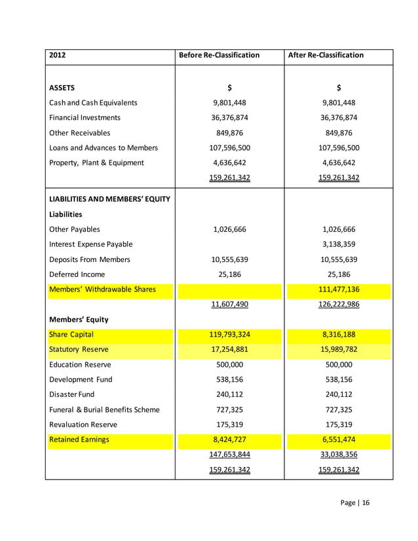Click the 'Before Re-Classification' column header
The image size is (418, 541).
pos(219,55)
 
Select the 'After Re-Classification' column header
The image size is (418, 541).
pos(326,55)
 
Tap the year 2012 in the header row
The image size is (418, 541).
pos(58,55)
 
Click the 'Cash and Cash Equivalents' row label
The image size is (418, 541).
pos(93,102)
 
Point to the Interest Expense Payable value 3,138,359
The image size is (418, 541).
pos(339,244)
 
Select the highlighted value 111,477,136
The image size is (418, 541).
pos(339,289)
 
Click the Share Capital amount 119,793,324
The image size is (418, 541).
pos(229,335)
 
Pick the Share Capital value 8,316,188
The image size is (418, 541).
pos(339,335)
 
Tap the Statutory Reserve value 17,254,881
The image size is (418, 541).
pos(229,350)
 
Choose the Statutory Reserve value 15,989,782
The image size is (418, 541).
pos(339,350)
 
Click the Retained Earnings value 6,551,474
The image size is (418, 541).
pos(339,440)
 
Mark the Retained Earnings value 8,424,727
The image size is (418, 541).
pos(229,440)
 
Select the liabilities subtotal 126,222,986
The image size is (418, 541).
pos(339,305)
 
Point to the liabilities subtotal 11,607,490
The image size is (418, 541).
pos(229,305)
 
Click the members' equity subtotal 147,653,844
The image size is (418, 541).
pos(229,455)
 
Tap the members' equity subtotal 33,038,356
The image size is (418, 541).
pos(339,455)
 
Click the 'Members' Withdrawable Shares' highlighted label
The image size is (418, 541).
pos(102,289)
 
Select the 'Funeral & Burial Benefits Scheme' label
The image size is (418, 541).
pos(104,410)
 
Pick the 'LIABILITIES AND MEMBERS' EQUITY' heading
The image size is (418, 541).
pos(109,199)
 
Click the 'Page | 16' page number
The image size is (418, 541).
pos(355,503)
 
